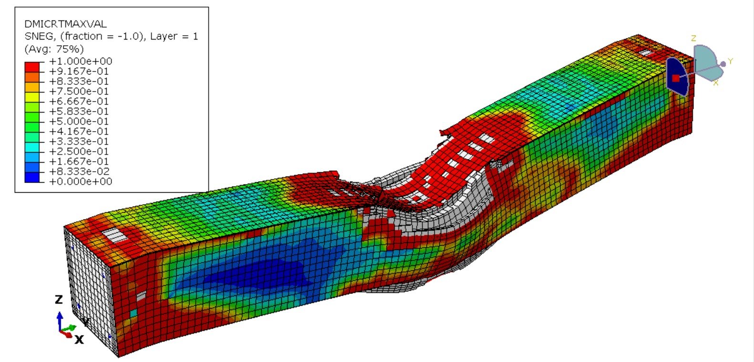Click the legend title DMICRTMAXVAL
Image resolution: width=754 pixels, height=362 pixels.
click(x=65, y=23)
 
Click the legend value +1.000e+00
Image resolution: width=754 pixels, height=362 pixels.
click(x=81, y=61)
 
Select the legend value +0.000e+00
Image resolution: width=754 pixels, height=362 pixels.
click(x=81, y=181)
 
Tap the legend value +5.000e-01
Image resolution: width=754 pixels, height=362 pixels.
click(x=81, y=121)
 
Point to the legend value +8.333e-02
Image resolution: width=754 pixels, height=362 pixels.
click(x=81, y=171)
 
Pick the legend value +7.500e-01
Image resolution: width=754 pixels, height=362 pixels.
click(x=81, y=91)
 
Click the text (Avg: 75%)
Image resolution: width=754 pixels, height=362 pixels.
click(x=54, y=49)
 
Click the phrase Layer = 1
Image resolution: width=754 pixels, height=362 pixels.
click(x=174, y=36)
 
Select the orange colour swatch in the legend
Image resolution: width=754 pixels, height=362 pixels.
click(x=32, y=76)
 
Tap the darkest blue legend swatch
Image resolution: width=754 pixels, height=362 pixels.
click(x=32, y=177)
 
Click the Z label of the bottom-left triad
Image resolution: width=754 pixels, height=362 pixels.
click(x=59, y=300)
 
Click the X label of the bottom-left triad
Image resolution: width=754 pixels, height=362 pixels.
click(x=79, y=340)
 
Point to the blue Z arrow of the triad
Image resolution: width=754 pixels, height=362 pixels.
click(x=60, y=320)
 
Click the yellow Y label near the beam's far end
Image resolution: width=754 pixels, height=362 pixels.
click(x=730, y=61)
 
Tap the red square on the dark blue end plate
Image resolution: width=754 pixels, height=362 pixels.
click(x=675, y=78)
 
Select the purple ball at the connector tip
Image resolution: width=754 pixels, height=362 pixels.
click(x=723, y=64)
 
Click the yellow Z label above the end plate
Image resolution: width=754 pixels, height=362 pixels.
click(x=694, y=38)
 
